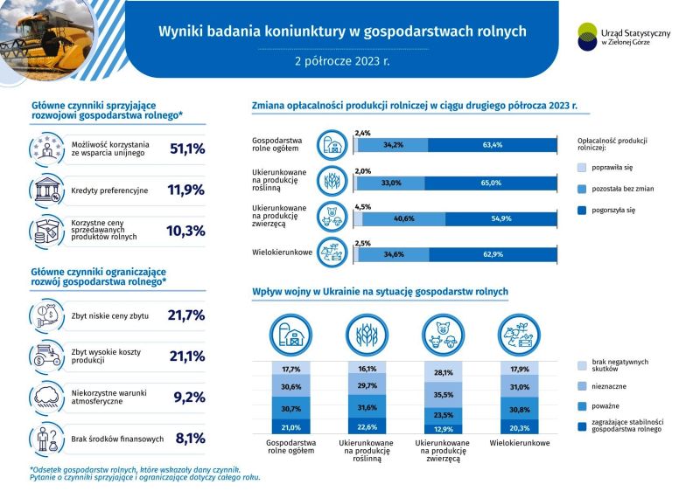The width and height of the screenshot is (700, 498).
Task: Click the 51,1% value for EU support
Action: point(186,149)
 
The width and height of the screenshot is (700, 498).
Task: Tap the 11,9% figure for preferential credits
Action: point(186,190)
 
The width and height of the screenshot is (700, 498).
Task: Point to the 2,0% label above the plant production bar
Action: point(363,170)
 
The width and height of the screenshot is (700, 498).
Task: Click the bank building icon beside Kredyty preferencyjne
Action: point(45,190)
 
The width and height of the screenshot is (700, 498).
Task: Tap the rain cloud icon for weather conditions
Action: point(45,397)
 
